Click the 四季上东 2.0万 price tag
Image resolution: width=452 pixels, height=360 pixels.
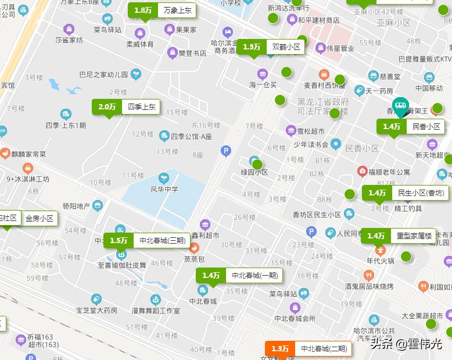pos(125,107)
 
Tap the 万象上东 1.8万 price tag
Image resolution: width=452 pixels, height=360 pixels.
pos(161,10)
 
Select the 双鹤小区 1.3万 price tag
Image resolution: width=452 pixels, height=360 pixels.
pos(271,47)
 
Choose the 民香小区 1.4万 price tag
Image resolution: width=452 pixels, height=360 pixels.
pos(411,126)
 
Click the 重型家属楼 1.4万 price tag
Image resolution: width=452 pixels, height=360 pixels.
pos(400,236)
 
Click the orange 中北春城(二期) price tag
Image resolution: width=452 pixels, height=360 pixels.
pos(308,348)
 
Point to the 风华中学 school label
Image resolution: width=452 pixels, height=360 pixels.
pos(164,189)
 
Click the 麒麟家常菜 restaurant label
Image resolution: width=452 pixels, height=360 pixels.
pos(26,154)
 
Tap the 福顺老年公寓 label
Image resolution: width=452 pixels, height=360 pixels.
pos(388,172)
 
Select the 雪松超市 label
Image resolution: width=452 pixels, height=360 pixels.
pos(310,131)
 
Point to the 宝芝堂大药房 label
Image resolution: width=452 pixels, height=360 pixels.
pos(96,310)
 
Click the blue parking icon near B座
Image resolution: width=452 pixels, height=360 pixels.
pos(226,152)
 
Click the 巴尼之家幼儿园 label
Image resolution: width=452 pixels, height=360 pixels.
pos(103,74)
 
